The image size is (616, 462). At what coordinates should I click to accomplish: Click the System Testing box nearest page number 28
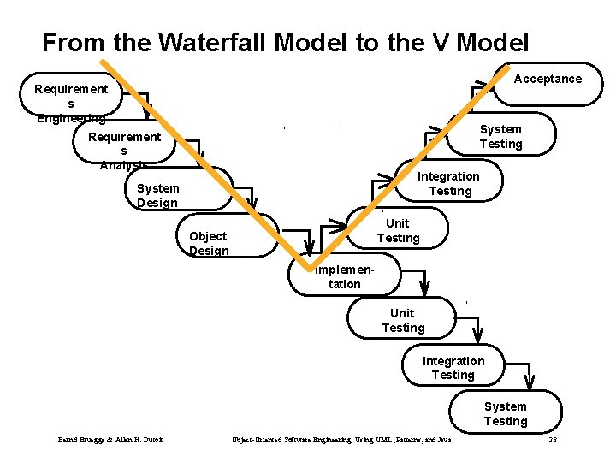[506, 413]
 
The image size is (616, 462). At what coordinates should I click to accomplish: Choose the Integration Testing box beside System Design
[449, 183]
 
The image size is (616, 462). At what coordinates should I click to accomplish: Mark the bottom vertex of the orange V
[310, 260]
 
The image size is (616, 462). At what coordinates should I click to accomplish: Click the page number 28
[553, 440]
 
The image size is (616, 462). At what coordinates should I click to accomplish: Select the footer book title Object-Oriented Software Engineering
[342, 440]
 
